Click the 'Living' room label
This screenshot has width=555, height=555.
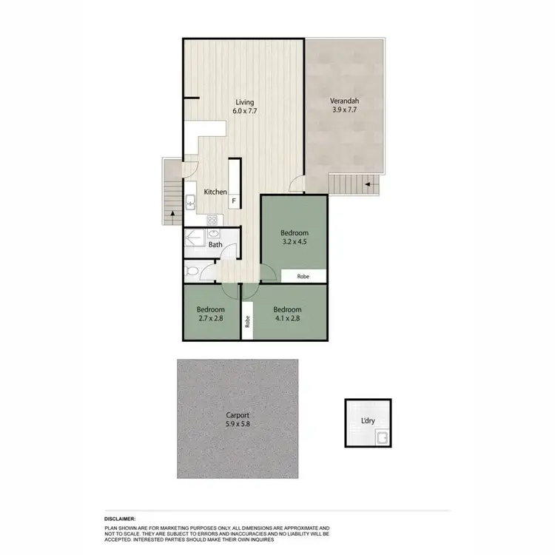[245, 102]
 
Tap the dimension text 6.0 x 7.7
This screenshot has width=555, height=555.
[245, 111]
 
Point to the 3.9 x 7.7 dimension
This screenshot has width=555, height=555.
[344, 111]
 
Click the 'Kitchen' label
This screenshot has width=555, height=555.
[215, 192]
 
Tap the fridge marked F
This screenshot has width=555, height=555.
[235, 201]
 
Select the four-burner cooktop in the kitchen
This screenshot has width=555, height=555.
[212, 219]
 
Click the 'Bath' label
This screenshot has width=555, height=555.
[215, 244]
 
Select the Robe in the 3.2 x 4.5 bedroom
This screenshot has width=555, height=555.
[303, 275]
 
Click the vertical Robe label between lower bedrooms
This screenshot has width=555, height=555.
[247, 322]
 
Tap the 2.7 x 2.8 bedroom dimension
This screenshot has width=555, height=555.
[211, 319]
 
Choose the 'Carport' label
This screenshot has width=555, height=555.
[237, 416]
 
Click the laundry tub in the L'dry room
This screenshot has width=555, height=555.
[383, 438]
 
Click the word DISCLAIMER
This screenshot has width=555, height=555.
[125, 520]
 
